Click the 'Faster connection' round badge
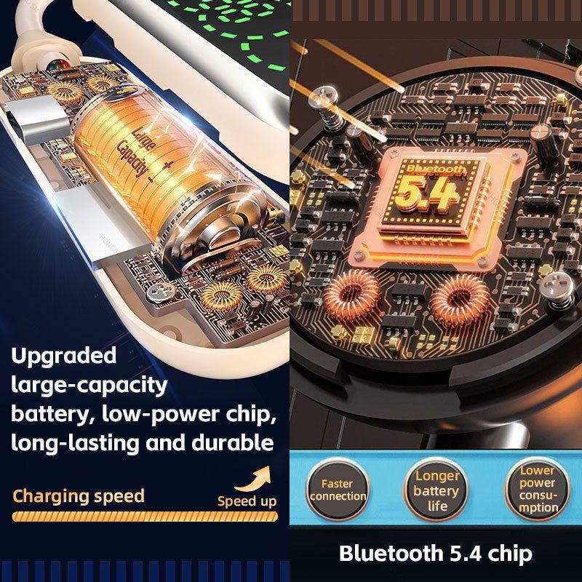tap(338, 490)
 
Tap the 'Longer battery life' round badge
tap(436, 490)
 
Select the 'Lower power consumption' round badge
tap(537, 488)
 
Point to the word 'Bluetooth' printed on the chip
tap(436, 169)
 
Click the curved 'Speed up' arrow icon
tap(253, 479)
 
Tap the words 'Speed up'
tap(247, 501)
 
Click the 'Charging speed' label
tap(79, 496)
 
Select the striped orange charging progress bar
tap(145, 517)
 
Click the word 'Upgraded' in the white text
tap(64, 356)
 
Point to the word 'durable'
tap(233, 443)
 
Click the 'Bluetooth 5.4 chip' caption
tap(435, 554)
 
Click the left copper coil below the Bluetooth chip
tap(351, 295)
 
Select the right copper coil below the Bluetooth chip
tap(460, 300)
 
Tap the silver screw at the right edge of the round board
tap(557, 287)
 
